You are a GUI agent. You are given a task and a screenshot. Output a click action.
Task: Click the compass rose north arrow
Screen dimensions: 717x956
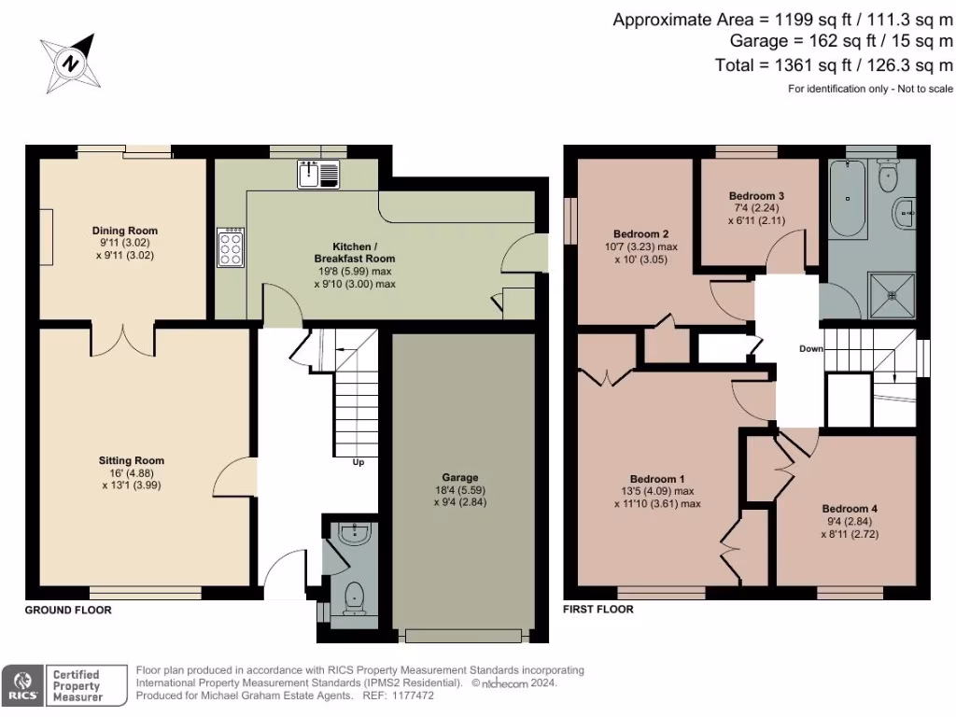[x=67, y=63]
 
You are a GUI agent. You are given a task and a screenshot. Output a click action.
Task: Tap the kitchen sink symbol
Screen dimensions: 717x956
[x=318, y=174]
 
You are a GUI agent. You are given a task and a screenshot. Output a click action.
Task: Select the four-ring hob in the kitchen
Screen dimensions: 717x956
[x=232, y=248]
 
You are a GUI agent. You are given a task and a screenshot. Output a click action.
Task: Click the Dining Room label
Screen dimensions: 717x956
[x=124, y=231]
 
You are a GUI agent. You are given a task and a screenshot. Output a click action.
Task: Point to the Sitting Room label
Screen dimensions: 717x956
[x=132, y=460]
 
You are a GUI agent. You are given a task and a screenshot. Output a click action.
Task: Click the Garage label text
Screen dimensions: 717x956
[x=460, y=476]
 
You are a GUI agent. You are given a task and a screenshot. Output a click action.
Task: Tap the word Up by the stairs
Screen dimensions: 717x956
[x=358, y=462]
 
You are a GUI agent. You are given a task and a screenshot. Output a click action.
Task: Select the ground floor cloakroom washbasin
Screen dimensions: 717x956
[x=356, y=534]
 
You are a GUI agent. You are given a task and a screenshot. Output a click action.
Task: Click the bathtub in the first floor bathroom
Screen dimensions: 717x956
[x=846, y=198]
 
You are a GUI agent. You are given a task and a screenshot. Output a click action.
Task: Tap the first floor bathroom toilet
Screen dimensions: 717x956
[x=888, y=174]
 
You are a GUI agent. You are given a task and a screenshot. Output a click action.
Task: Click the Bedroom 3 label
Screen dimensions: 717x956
[x=756, y=196]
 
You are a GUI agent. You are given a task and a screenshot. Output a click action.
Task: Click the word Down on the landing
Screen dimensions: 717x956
[x=811, y=348]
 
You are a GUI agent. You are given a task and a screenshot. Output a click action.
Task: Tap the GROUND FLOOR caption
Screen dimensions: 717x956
[x=68, y=610]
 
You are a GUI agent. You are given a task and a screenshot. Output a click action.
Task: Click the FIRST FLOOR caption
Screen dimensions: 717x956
[x=598, y=609]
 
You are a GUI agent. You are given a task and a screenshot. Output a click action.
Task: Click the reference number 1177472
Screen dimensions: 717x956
[x=412, y=696]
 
